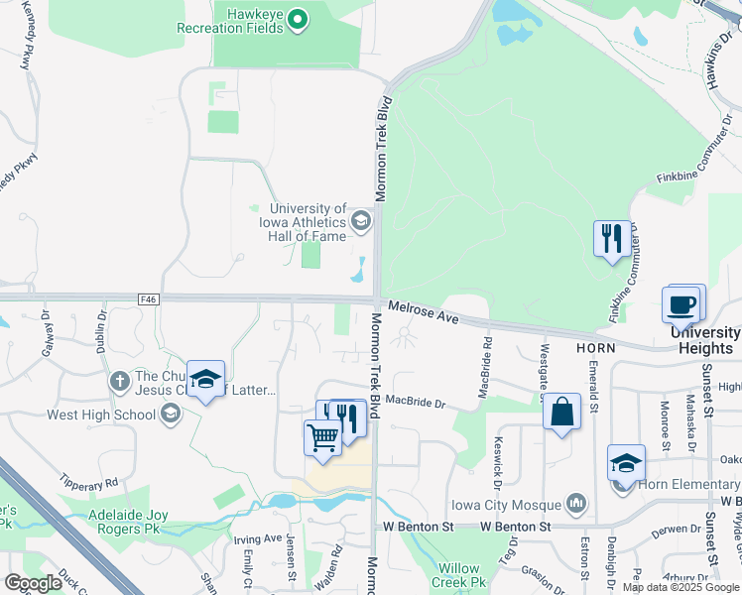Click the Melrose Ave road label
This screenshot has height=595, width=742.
(423, 312)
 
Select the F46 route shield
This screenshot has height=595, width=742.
(149, 298)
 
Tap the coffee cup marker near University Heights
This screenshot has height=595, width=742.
(682, 304)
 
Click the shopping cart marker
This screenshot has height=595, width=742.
(322, 436)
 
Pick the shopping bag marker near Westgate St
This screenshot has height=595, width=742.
(561, 412)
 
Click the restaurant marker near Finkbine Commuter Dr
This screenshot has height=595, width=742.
(611, 239)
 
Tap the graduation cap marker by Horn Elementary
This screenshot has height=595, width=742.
(627, 463)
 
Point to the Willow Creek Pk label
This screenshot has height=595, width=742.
(460, 575)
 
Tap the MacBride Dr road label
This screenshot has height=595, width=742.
(417, 403)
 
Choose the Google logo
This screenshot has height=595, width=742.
(33, 584)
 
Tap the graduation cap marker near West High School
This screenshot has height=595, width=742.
(205, 380)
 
